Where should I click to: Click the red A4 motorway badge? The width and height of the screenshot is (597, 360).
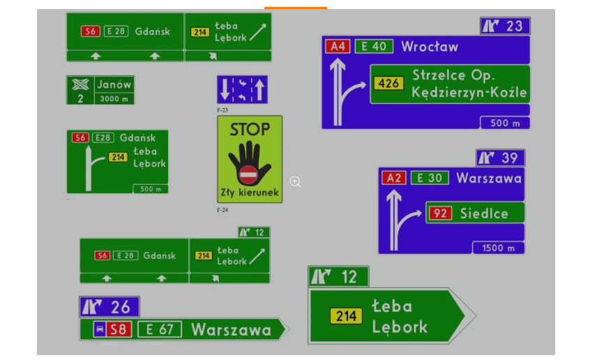[x=338, y=47]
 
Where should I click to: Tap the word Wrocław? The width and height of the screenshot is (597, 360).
[x=430, y=47]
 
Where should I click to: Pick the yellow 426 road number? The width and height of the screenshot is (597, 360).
[x=388, y=84]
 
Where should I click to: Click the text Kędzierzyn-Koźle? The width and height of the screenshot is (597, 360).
[x=469, y=93]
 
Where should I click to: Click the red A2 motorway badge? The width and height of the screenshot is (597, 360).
[x=395, y=178]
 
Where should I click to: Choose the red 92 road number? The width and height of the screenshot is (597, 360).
[x=440, y=213]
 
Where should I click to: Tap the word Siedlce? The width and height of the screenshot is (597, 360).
[x=484, y=213]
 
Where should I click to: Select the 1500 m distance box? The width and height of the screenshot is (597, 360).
[x=498, y=248]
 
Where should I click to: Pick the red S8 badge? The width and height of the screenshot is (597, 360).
[x=119, y=329]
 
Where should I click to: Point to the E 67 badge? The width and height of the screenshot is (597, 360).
[x=160, y=329]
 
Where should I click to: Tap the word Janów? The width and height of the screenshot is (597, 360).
[x=114, y=84]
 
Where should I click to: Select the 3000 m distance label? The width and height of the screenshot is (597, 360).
[x=114, y=98]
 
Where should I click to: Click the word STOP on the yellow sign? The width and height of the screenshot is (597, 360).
[x=250, y=129]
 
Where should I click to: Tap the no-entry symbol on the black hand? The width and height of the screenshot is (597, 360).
[x=248, y=174]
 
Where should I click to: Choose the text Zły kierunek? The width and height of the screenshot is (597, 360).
[x=250, y=192]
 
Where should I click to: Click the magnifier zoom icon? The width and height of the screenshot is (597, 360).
[x=295, y=181]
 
